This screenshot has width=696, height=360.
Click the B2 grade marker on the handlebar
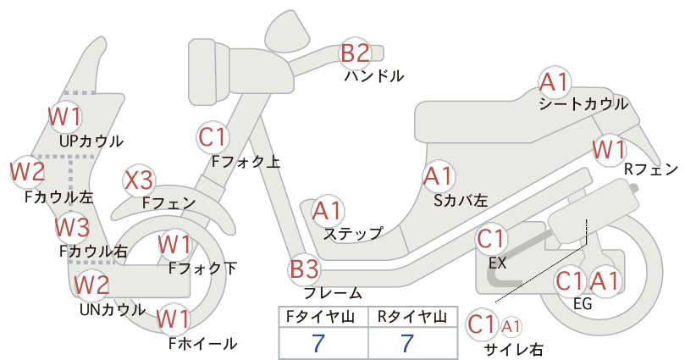(x=355, y=53)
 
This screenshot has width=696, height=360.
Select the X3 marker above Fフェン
(x=139, y=180)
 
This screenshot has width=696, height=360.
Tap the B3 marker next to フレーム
(x=305, y=269)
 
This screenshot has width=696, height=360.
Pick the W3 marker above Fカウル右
(x=72, y=227)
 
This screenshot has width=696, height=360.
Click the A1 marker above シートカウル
(x=555, y=82)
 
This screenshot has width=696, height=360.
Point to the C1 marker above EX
(x=491, y=239)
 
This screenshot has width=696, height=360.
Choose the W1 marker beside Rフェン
(x=609, y=150)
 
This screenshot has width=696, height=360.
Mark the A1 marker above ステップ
(x=328, y=211)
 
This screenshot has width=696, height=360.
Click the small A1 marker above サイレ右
(x=511, y=327)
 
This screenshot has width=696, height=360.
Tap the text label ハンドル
(x=374, y=76)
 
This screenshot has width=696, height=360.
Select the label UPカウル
(x=91, y=141)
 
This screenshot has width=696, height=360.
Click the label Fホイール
(x=203, y=343)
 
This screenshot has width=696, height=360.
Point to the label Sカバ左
(x=461, y=201)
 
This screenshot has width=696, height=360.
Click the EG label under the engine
(x=583, y=303)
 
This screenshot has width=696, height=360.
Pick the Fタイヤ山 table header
(x=320, y=317)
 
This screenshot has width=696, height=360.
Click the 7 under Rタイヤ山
(x=407, y=343)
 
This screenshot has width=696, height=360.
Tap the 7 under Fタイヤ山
(x=318, y=343)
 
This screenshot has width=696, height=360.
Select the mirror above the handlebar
(x=287, y=28)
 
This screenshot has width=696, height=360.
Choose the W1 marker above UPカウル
(x=65, y=117)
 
